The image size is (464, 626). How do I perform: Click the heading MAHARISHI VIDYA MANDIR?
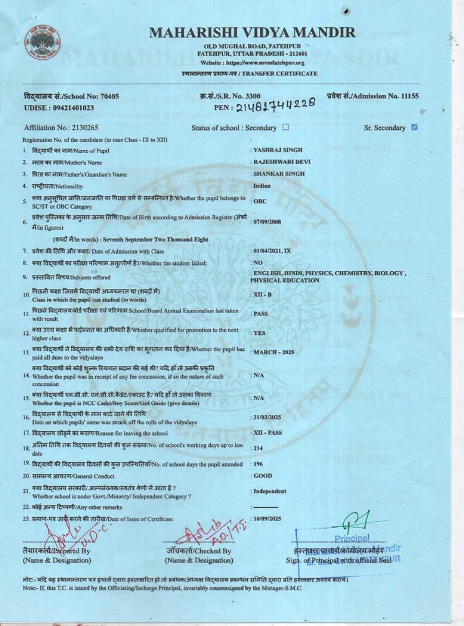252,32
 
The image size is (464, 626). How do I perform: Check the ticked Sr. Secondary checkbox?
414,127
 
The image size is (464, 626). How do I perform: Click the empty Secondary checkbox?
285,127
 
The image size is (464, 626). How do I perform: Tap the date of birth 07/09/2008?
267,222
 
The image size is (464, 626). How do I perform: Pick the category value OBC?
260,202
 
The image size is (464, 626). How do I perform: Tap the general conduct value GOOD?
263,476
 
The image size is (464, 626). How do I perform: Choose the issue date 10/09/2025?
267,519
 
